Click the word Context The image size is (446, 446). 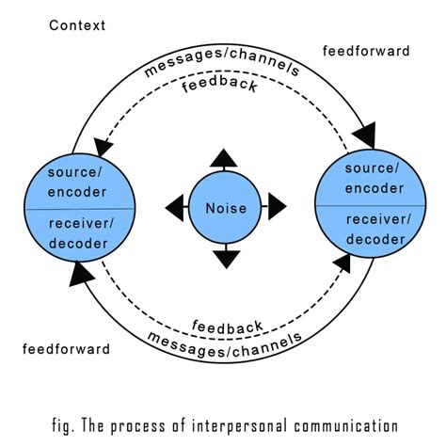point(77,25)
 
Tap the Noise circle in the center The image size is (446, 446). point(225,207)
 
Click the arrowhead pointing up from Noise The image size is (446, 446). point(224,158)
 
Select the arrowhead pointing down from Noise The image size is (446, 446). point(227,260)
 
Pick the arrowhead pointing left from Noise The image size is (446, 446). point(174,207)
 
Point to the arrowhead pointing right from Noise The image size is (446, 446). point(278,206)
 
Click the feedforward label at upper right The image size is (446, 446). point(366,51)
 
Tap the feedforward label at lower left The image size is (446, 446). point(66,349)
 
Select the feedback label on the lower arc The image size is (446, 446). point(228,327)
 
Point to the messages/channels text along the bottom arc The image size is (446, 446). point(225,344)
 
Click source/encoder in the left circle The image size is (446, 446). point(77,183)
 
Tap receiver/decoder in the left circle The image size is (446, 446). point(81,233)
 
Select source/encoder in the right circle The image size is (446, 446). point(374,178)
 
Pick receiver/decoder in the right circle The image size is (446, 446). point(378,230)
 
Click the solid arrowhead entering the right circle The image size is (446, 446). point(366,135)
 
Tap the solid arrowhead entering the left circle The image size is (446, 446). point(80,275)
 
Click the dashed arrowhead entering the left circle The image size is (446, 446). point(103,147)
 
